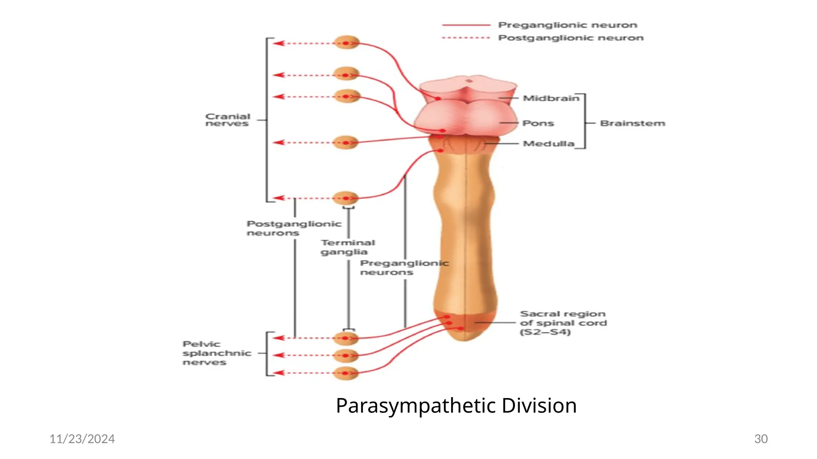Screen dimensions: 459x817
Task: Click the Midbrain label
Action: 551,98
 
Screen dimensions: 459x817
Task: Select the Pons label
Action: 538,123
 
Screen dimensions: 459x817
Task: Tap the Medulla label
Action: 548,143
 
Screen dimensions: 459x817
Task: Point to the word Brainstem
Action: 632,124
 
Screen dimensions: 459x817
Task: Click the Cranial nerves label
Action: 227,120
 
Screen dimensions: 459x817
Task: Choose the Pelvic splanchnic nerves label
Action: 216,353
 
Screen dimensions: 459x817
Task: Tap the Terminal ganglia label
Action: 347,247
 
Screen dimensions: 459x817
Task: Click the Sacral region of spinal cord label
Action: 563,323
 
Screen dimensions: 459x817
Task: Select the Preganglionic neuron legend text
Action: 567,25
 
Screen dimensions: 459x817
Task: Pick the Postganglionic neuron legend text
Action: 570,38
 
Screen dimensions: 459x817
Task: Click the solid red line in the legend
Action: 466,25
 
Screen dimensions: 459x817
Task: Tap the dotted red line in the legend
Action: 466,38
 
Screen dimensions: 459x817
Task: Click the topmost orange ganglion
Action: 346,43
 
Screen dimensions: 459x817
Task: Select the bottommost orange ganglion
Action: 345,373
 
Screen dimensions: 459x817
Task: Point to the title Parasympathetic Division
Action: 456,406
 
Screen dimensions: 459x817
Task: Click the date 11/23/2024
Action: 82,439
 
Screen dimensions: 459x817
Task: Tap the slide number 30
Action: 761,439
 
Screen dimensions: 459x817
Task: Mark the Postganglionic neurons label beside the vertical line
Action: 294,228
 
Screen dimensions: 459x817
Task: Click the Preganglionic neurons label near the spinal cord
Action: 404,268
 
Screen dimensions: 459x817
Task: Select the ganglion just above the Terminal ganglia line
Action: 345,198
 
